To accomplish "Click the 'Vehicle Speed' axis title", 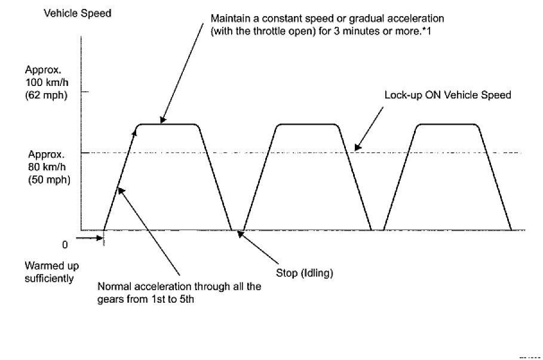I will pyautogui.click(x=78, y=13).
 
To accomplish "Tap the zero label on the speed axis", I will pyautogui.click(x=65, y=244).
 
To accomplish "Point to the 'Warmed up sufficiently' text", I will pyautogui.click(x=52, y=271).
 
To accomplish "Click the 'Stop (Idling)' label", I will pyautogui.click(x=304, y=273).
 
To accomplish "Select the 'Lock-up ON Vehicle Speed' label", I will pyautogui.click(x=448, y=95).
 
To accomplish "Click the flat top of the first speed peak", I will pyautogui.click(x=168, y=124).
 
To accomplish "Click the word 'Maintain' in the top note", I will pyautogui.click(x=228, y=18).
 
